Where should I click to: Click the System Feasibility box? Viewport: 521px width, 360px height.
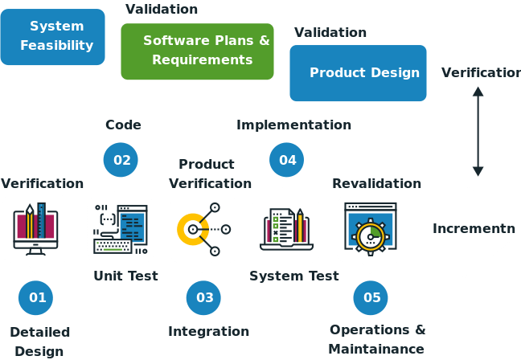53,37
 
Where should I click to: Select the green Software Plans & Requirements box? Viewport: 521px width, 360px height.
197,51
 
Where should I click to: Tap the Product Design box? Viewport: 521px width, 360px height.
358,73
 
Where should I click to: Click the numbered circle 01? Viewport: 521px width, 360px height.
37,297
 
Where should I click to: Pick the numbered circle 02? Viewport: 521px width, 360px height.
121,160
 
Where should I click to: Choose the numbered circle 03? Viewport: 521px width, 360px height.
204,297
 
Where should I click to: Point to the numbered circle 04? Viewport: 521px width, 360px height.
287,160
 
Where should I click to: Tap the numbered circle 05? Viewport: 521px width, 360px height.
371,297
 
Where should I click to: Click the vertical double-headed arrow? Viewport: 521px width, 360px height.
478,131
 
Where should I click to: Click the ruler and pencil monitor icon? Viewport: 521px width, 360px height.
35,228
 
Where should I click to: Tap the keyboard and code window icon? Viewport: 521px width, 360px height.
121,228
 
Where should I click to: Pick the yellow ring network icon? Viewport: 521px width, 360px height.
203,228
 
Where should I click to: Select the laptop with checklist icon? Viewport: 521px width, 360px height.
286,228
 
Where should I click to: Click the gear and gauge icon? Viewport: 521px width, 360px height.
370,228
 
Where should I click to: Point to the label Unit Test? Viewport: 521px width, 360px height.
125,276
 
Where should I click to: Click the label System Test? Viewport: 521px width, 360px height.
293,276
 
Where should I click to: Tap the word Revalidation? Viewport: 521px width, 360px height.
376,183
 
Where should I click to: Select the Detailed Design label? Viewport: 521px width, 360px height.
39,341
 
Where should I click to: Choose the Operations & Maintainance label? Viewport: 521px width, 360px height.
377,339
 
